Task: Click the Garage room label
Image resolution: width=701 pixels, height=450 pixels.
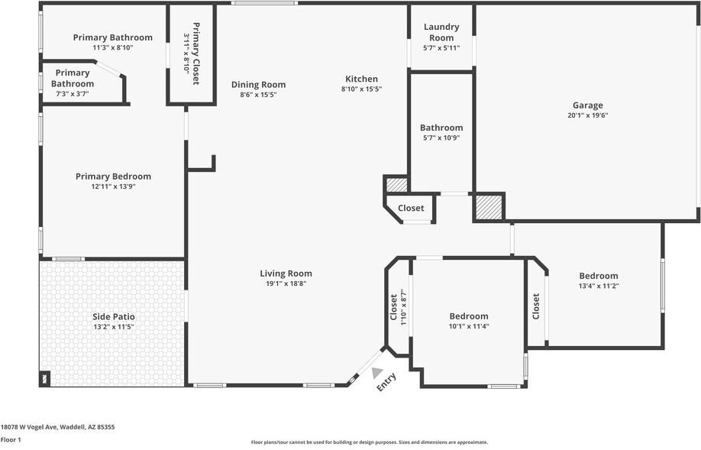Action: tap(587, 105)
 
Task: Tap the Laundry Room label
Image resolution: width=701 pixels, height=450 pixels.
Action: tap(441, 32)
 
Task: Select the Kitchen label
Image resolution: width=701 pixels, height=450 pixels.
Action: tap(361, 79)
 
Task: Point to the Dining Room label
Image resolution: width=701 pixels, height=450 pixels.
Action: tap(258, 85)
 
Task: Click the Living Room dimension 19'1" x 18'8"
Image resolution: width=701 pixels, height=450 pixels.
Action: tap(286, 283)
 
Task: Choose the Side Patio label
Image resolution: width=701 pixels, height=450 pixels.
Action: tap(112, 316)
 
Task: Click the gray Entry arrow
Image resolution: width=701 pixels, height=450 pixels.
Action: tap(377, 372)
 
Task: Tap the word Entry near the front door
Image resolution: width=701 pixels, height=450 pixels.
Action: tap(386, 382)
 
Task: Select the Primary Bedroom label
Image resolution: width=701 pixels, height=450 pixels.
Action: tap(113, 176)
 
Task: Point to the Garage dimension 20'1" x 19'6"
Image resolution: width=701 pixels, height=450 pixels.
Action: tap(587, 116)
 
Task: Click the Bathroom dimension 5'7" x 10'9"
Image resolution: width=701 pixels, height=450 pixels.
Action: tap(441, 138)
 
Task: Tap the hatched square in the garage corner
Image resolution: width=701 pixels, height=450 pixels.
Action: tap(489, 207)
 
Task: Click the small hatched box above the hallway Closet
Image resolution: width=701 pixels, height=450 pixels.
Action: tap(396, 184)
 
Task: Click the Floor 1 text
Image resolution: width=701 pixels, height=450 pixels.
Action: tap(11, 439)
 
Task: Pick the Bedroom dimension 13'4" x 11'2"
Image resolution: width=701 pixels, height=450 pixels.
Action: tap(598, 287)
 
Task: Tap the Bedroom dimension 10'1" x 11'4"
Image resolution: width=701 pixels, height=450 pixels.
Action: tap(468, 326)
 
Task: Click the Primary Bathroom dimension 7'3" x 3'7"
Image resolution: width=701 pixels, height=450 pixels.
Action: tap(73, 94)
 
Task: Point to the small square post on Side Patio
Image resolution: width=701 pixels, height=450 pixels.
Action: tap(44, 378)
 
